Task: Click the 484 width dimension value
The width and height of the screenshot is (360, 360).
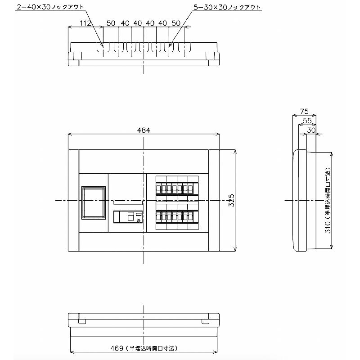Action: [144, 130]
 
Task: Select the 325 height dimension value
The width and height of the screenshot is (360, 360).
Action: [231, 200]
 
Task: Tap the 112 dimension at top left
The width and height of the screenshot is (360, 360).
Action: [85, 23]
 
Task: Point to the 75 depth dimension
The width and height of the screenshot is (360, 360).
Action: [304, 111]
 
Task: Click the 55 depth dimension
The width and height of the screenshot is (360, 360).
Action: [307, 121]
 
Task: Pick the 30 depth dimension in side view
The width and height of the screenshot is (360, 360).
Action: [311, 130]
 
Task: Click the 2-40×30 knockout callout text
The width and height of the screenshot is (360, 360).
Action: [50, 7]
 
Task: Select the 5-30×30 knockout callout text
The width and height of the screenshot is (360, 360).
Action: [227, 7]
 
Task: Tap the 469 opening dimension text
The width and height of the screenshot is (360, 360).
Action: [144, 348]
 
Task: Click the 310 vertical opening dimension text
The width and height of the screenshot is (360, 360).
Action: [328, 200]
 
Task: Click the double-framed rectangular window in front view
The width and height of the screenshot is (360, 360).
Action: [94, 202]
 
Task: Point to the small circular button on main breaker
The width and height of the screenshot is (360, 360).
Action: [139, 221]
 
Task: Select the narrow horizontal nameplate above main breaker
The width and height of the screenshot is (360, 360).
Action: [128, 203]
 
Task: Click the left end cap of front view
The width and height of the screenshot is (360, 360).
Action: [73, 200]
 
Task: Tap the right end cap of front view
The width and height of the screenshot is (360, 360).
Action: [214, 200]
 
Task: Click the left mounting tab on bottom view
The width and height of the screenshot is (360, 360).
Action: [82, 321]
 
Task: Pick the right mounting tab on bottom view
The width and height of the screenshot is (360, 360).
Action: [205, 321]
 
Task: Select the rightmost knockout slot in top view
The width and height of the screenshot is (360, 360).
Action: [184, 48]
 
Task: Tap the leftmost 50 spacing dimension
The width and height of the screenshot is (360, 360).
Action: [111, 23]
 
